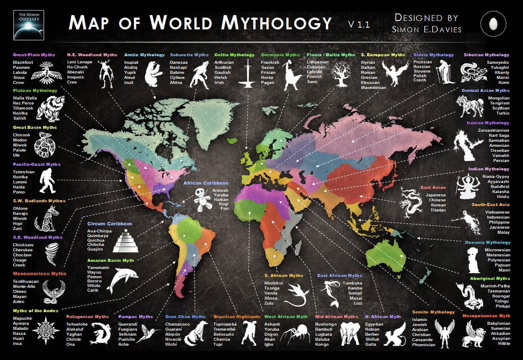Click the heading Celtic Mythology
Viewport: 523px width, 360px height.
[234, 55]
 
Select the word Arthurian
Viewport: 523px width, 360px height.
[224, 63]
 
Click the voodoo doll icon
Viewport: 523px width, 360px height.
[201, 199]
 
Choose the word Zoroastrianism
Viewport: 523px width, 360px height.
[493, 130]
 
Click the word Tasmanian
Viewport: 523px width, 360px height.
[499, 291]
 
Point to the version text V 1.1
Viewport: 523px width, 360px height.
[359, 25]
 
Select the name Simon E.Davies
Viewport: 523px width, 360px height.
[426, 29]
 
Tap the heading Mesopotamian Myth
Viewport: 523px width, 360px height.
[486, 316]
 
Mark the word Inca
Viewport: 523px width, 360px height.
[17, 344]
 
